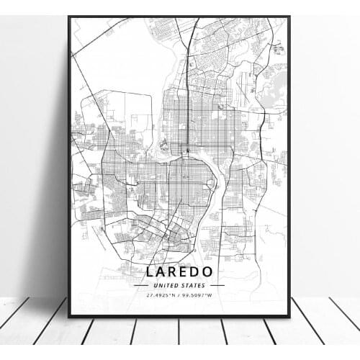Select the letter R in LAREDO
pyautogui.click(x=179, y=272)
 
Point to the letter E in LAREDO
pyautogui.click(x=192, y=272)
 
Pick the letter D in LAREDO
pyautogui.click(x=205, y=272)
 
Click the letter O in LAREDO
pyautogui.click(x=220, y=272)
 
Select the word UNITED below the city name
pyautogui.click(x=167, y=285)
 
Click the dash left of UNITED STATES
pyautogui.click(x=142, y=285)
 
